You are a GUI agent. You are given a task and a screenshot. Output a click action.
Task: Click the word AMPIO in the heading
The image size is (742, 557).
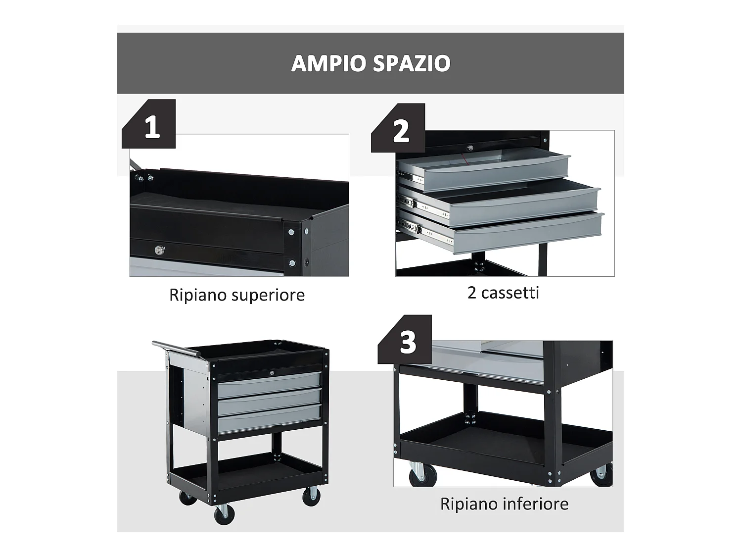point(328,63)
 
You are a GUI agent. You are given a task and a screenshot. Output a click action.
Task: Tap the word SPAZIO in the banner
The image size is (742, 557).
point(412,63)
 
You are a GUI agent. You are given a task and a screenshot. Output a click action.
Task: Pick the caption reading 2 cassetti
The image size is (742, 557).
point(503,293)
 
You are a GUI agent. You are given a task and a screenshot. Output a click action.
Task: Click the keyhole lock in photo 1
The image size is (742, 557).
point(159,251)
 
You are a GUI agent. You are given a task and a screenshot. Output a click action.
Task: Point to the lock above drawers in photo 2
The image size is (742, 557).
point(469,148)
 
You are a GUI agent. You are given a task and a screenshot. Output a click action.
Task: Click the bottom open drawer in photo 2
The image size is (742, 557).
point(524,233)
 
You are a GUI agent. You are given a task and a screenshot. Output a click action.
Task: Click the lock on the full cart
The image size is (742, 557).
point(272,371)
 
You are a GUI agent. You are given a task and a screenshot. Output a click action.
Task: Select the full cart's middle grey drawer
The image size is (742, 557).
point(268,402)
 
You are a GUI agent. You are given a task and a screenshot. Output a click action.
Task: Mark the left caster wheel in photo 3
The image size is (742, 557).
point(418,474)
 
